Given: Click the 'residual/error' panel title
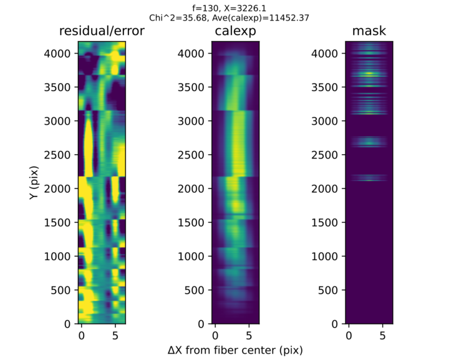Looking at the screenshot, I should [102, 32].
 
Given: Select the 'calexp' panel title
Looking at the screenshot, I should [236, 32].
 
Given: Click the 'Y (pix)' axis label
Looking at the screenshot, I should [32, 183].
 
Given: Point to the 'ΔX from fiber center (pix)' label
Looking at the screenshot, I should [236, 350].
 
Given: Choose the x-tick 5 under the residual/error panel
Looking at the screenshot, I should [115, 335].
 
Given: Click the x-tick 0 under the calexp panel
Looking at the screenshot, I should [215, 335].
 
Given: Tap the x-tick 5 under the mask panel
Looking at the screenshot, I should [384, 335].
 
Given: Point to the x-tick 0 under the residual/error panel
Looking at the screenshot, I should [81, 335].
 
